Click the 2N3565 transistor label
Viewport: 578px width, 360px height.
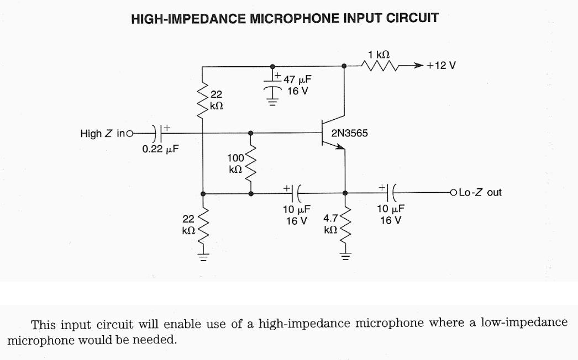tap(349, 134)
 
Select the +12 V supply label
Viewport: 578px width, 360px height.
tap(441, 66)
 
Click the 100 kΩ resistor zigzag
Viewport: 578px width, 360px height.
tap(251, 164)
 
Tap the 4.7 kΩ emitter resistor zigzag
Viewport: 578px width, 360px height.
tap(345, 225)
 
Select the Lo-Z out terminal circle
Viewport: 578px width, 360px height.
tap(454, 193)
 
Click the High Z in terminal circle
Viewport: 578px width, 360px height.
tap(130, 133)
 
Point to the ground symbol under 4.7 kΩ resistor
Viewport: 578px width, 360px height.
tap(345, 256)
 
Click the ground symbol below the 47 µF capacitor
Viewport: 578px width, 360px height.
tap(271, 101)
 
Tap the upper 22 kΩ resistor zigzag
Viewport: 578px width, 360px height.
tap(203, 99)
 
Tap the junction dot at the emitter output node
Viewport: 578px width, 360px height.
tap(345, 193)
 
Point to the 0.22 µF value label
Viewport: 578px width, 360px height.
tap(160, 149)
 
